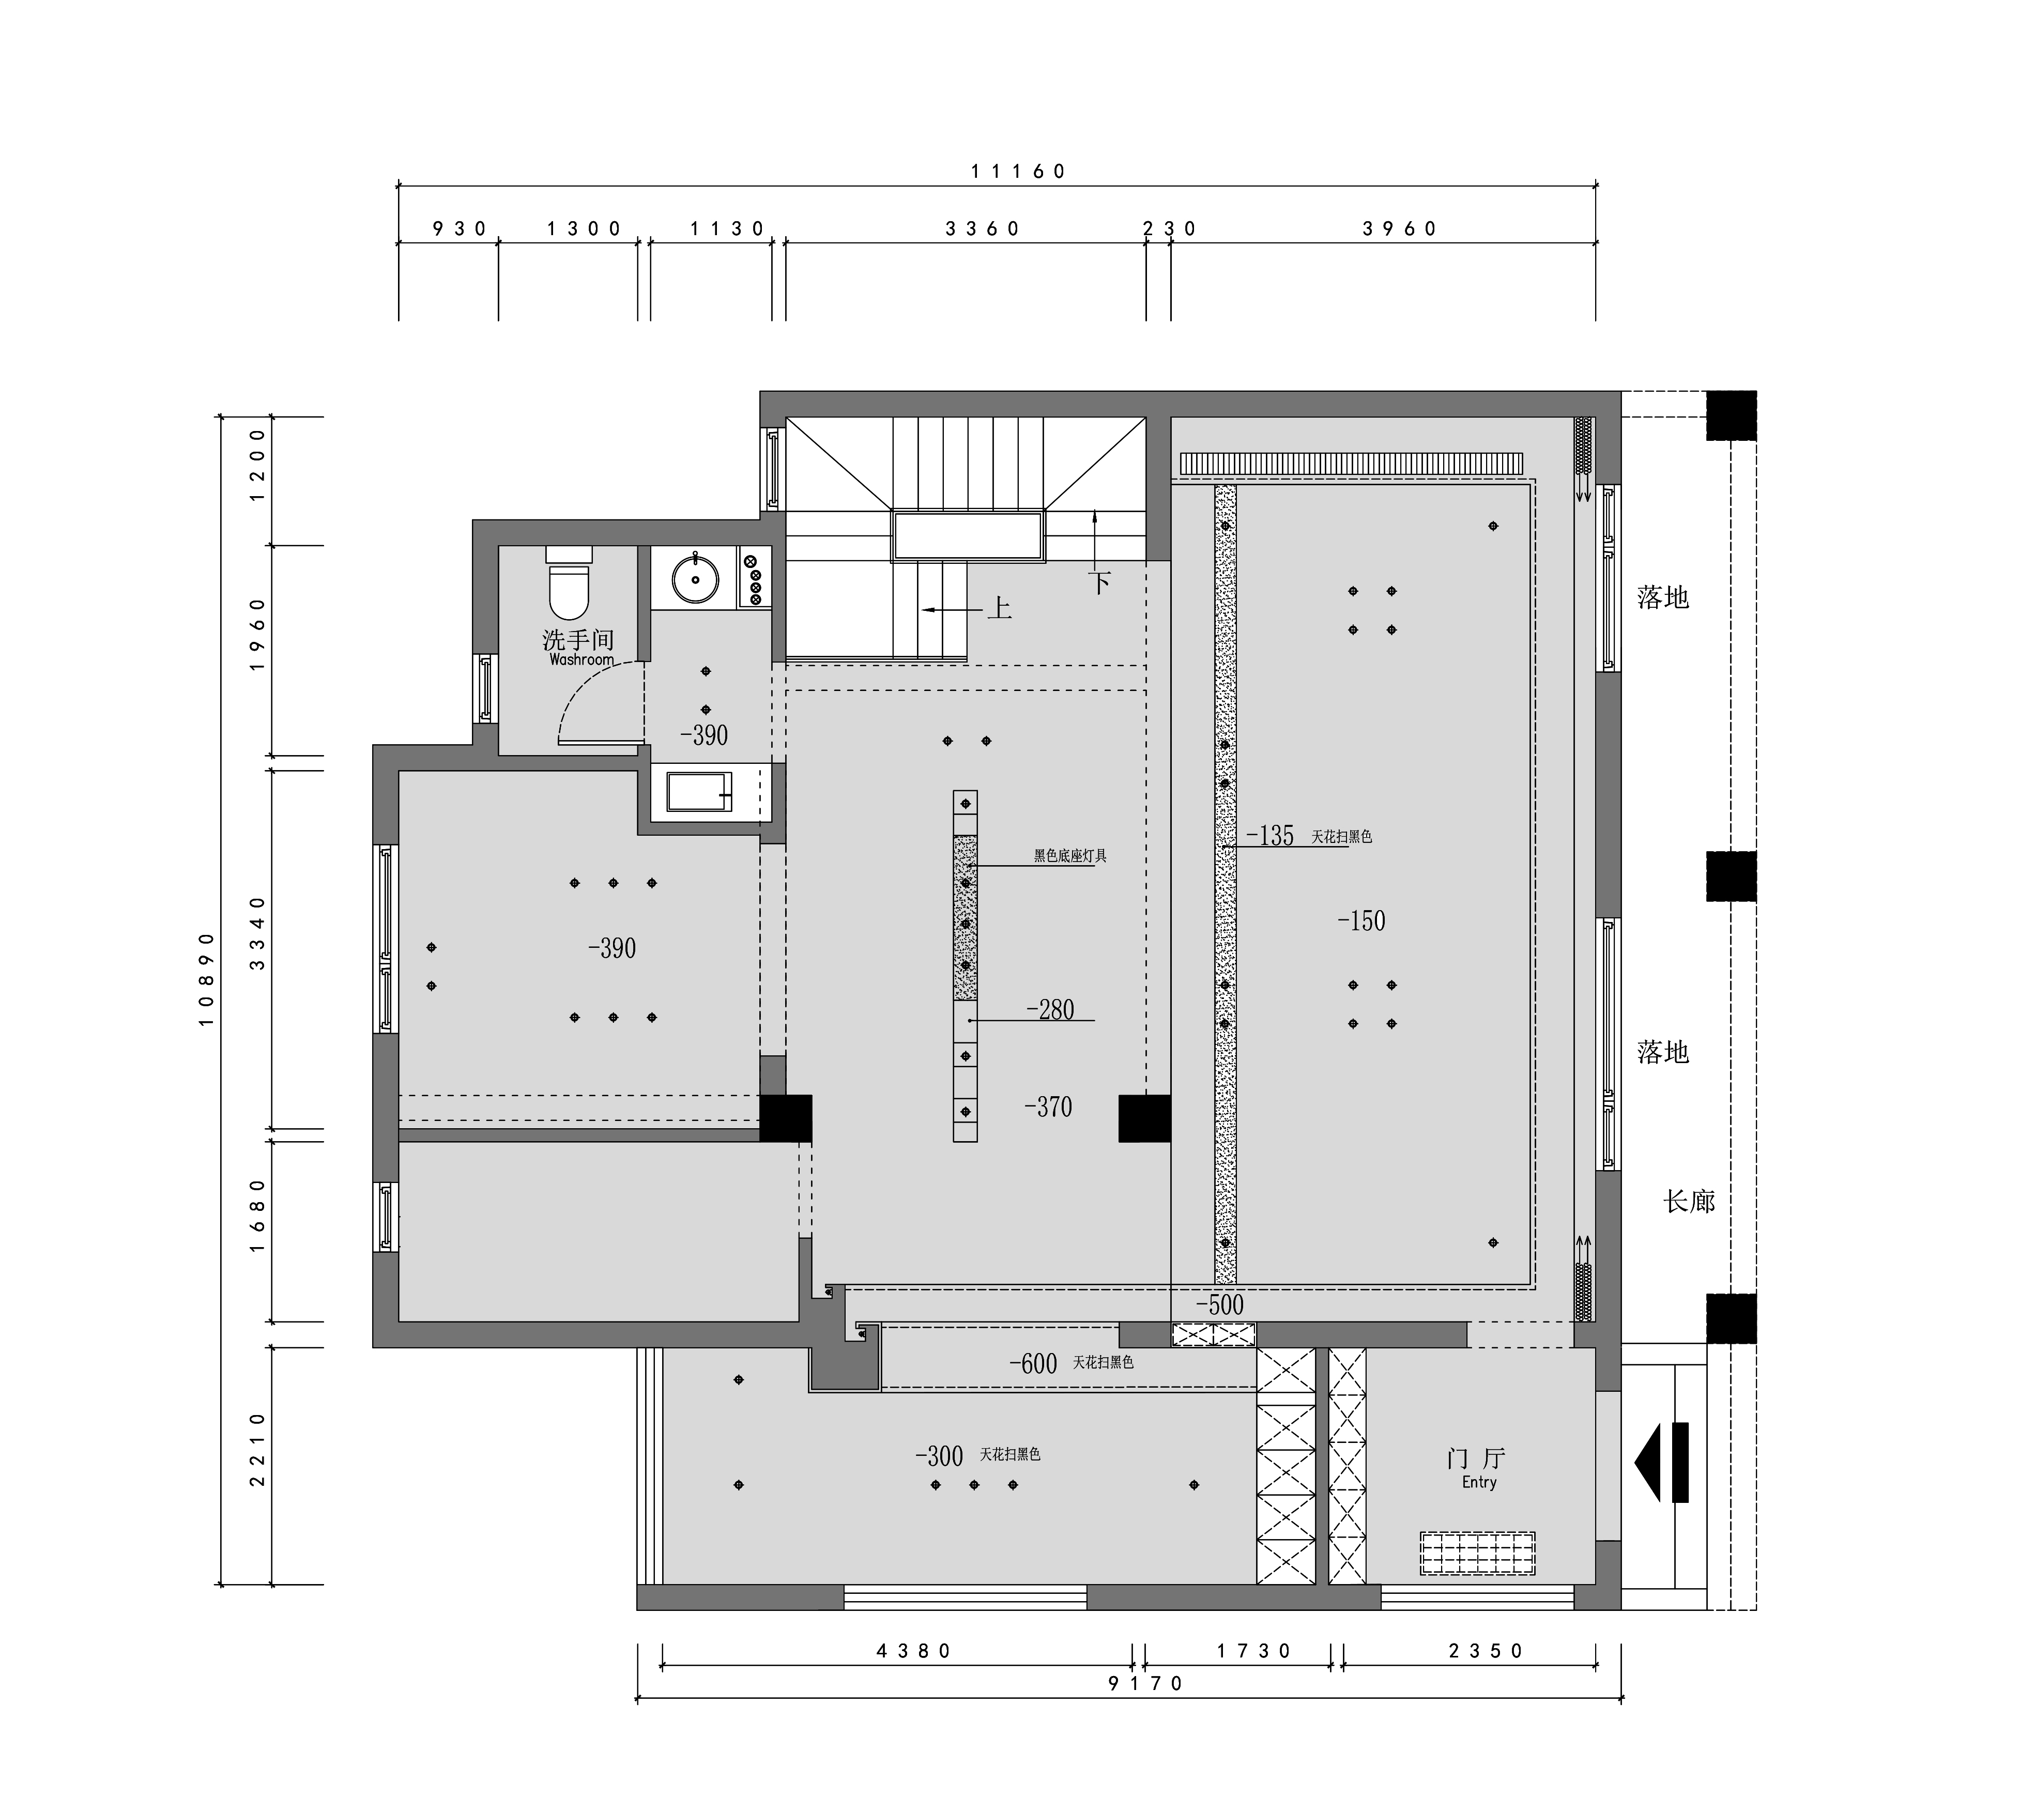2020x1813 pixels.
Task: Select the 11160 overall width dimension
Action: [1018, 172]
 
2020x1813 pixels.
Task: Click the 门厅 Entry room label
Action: [1477, 1467]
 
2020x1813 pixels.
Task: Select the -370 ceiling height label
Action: [1048, 1107]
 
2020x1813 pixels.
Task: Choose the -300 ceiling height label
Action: [939, 1456]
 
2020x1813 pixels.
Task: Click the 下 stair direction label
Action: [1099, 583]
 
